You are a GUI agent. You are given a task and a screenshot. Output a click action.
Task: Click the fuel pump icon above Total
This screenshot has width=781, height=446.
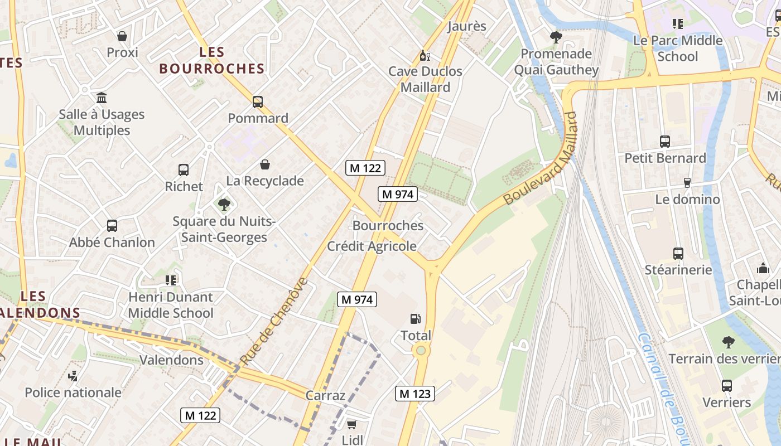[x=415, y=319]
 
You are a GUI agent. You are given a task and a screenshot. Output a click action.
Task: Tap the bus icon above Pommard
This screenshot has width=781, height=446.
[x=257, y=102]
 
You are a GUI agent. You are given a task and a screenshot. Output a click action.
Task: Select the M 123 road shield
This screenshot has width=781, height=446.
[x=414, y=393]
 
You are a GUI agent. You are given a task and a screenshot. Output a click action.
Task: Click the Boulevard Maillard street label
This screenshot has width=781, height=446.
[x=539, y=158]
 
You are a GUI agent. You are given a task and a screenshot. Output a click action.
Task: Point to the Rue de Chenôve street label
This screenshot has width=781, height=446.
[x=274, y=321]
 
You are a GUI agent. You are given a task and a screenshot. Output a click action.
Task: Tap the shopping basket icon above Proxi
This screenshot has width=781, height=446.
[x=122, y=36]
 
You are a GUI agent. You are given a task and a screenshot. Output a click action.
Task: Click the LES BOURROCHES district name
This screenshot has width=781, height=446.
[x=211, y=61]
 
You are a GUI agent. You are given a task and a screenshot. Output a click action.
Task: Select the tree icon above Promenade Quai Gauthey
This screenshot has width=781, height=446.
[x=556, y=37]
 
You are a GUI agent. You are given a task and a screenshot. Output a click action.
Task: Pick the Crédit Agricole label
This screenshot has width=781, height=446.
[x=372, y=246]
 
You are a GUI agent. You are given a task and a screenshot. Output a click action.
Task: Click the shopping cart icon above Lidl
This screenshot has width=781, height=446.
[x=351, y=425]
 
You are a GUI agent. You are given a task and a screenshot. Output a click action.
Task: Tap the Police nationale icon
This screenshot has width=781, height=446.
[x=73, y=376]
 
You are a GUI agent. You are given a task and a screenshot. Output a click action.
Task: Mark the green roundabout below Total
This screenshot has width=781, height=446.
[x=421, y=350]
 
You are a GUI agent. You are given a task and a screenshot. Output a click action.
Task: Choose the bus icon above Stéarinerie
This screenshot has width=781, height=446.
[x=678, y=254]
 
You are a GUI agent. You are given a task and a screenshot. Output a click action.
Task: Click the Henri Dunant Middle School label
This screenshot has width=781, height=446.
[x=171, y=305]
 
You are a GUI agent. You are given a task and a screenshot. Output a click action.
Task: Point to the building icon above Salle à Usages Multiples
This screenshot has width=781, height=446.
[x=102, y=98]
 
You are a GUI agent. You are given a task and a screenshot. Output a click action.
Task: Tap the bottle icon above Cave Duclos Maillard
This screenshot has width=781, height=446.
[x=425, y=55]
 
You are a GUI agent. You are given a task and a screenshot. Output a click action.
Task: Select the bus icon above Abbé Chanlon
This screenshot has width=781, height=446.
[x=112, y=226]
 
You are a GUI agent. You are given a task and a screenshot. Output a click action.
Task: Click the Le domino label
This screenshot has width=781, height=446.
[x=687, y=199]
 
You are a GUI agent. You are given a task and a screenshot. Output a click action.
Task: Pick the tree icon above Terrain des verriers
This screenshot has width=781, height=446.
[x=728, y=342]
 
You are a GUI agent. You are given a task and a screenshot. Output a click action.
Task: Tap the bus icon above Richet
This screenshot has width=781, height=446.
[x=184, y=170]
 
